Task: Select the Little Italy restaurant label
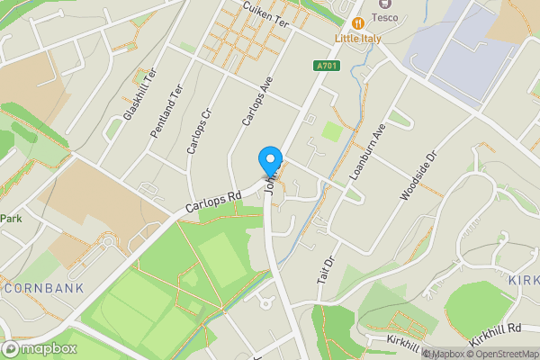click(x=357, y=40)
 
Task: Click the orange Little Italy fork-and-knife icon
click(x=358, y=22)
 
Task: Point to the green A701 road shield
click(x=326, y=65)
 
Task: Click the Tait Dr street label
click(x=326, y=271)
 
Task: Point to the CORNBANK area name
click(x=42, y=289)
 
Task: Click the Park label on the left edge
click(x=11, y=219)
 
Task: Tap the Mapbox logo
click(x=39, y=348)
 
